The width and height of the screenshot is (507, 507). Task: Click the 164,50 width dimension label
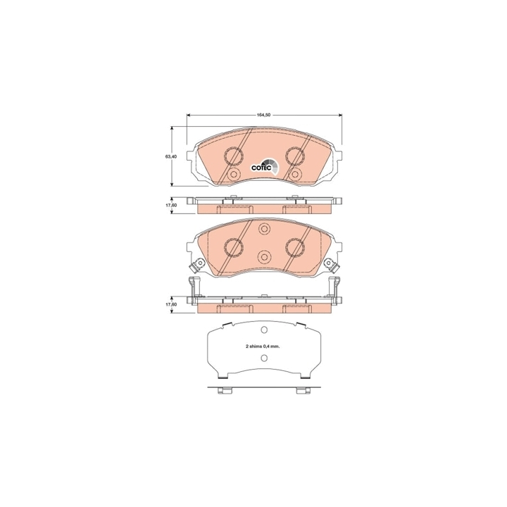pos(263,115)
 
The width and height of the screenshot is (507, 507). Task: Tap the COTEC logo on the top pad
pos(264,166)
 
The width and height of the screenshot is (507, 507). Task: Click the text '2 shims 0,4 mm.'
pos(262,346)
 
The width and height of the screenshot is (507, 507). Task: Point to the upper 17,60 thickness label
pos(171,206)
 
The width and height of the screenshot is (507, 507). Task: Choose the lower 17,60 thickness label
pos(171,305)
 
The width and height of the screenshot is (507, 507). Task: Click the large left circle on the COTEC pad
pos(234,155)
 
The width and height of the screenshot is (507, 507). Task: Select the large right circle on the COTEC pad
pos(295,155)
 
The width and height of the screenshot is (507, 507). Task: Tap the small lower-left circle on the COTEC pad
pos(234,175)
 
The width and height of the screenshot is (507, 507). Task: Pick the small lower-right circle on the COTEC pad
pos(295,175)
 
